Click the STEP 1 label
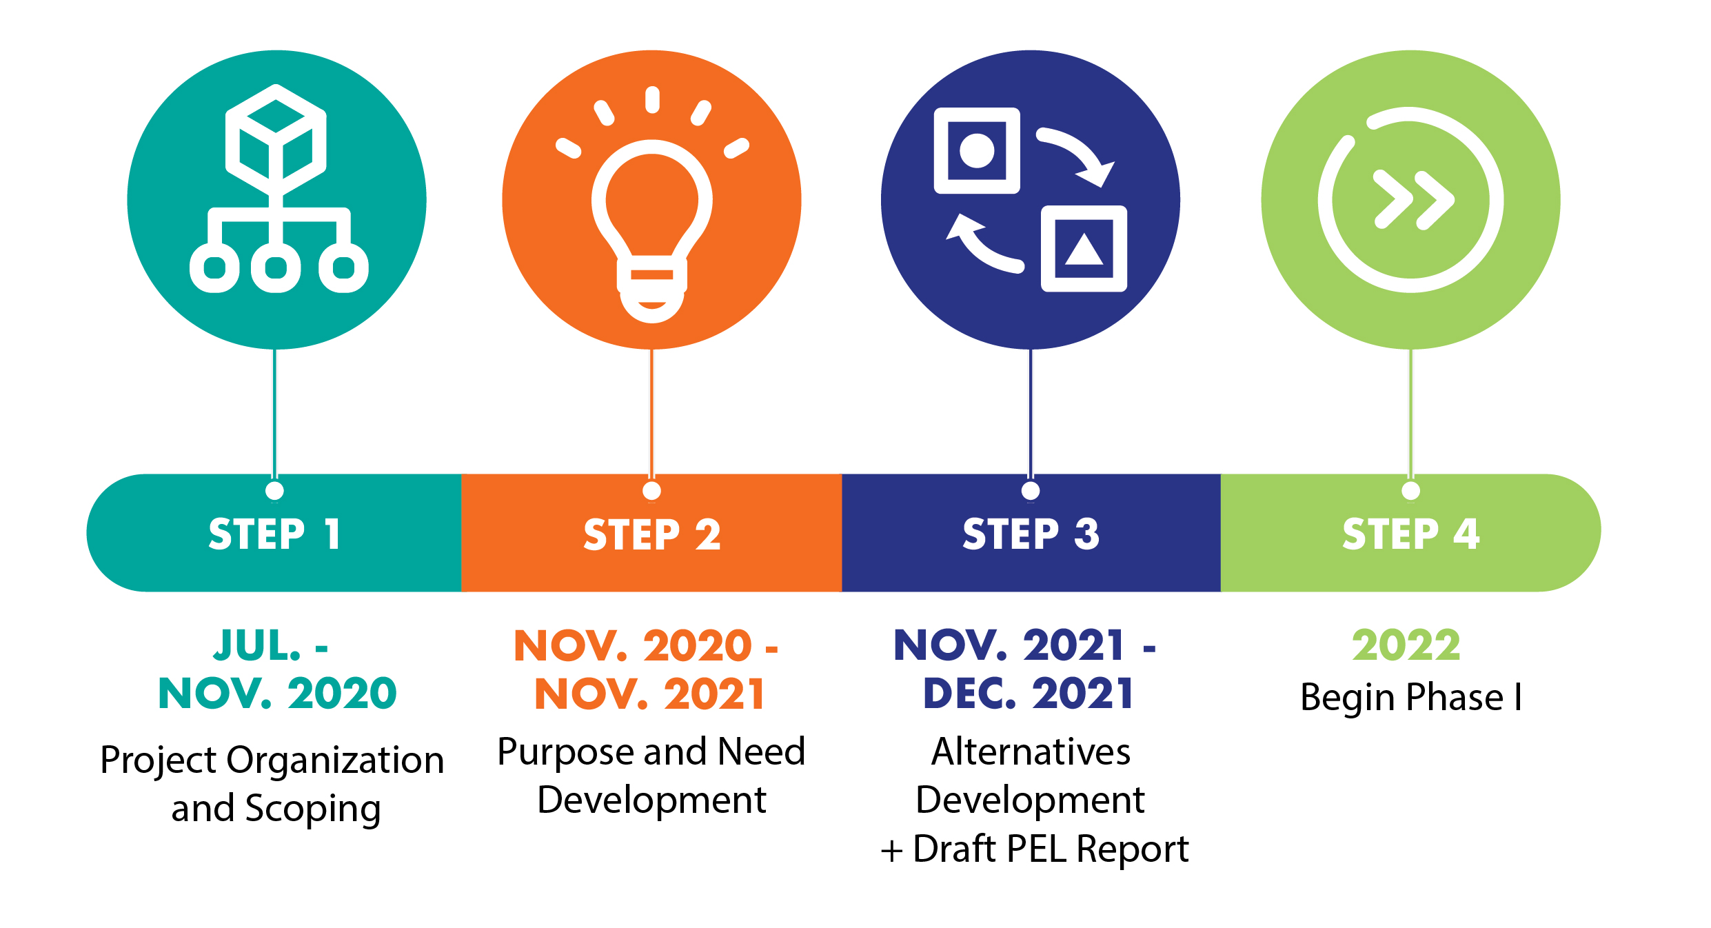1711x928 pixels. pyautogui.click(x=274, y=534)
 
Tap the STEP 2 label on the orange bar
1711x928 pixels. pyautogui.click(x=652, y=534)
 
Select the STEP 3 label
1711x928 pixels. pyautogui.click(x=1031, y=534)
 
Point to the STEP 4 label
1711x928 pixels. pyautogui.click(x=1411, y=534)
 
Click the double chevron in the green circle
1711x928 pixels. pyautogui.click(x=1414, y=200)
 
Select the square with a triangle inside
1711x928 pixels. pyautogui.click(x=1084, y=249)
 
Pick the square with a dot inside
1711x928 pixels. pyautogui.click(x=977, y=150)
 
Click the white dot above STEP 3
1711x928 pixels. pyautogui.click(x=1031, y=491)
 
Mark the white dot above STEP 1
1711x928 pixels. pyautogui.click(x=274, y=491)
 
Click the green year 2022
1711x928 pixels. pyautogui.click(x=1406, y=645)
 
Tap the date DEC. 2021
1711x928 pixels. pyautogui.click(x=1029, y=693)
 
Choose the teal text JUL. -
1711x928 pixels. pyautogui.click(x=270, y=646)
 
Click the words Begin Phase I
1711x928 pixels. pyautogui.click(x=1411, y=696)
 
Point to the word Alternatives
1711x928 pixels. pyautogui.click(x=1031, y=751)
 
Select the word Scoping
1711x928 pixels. pyautogui.click(x=313, y=809)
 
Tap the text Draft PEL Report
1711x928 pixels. pyautogui.click(x=1051, y=849)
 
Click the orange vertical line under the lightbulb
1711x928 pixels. pyautogui.click(x=651, y=414)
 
